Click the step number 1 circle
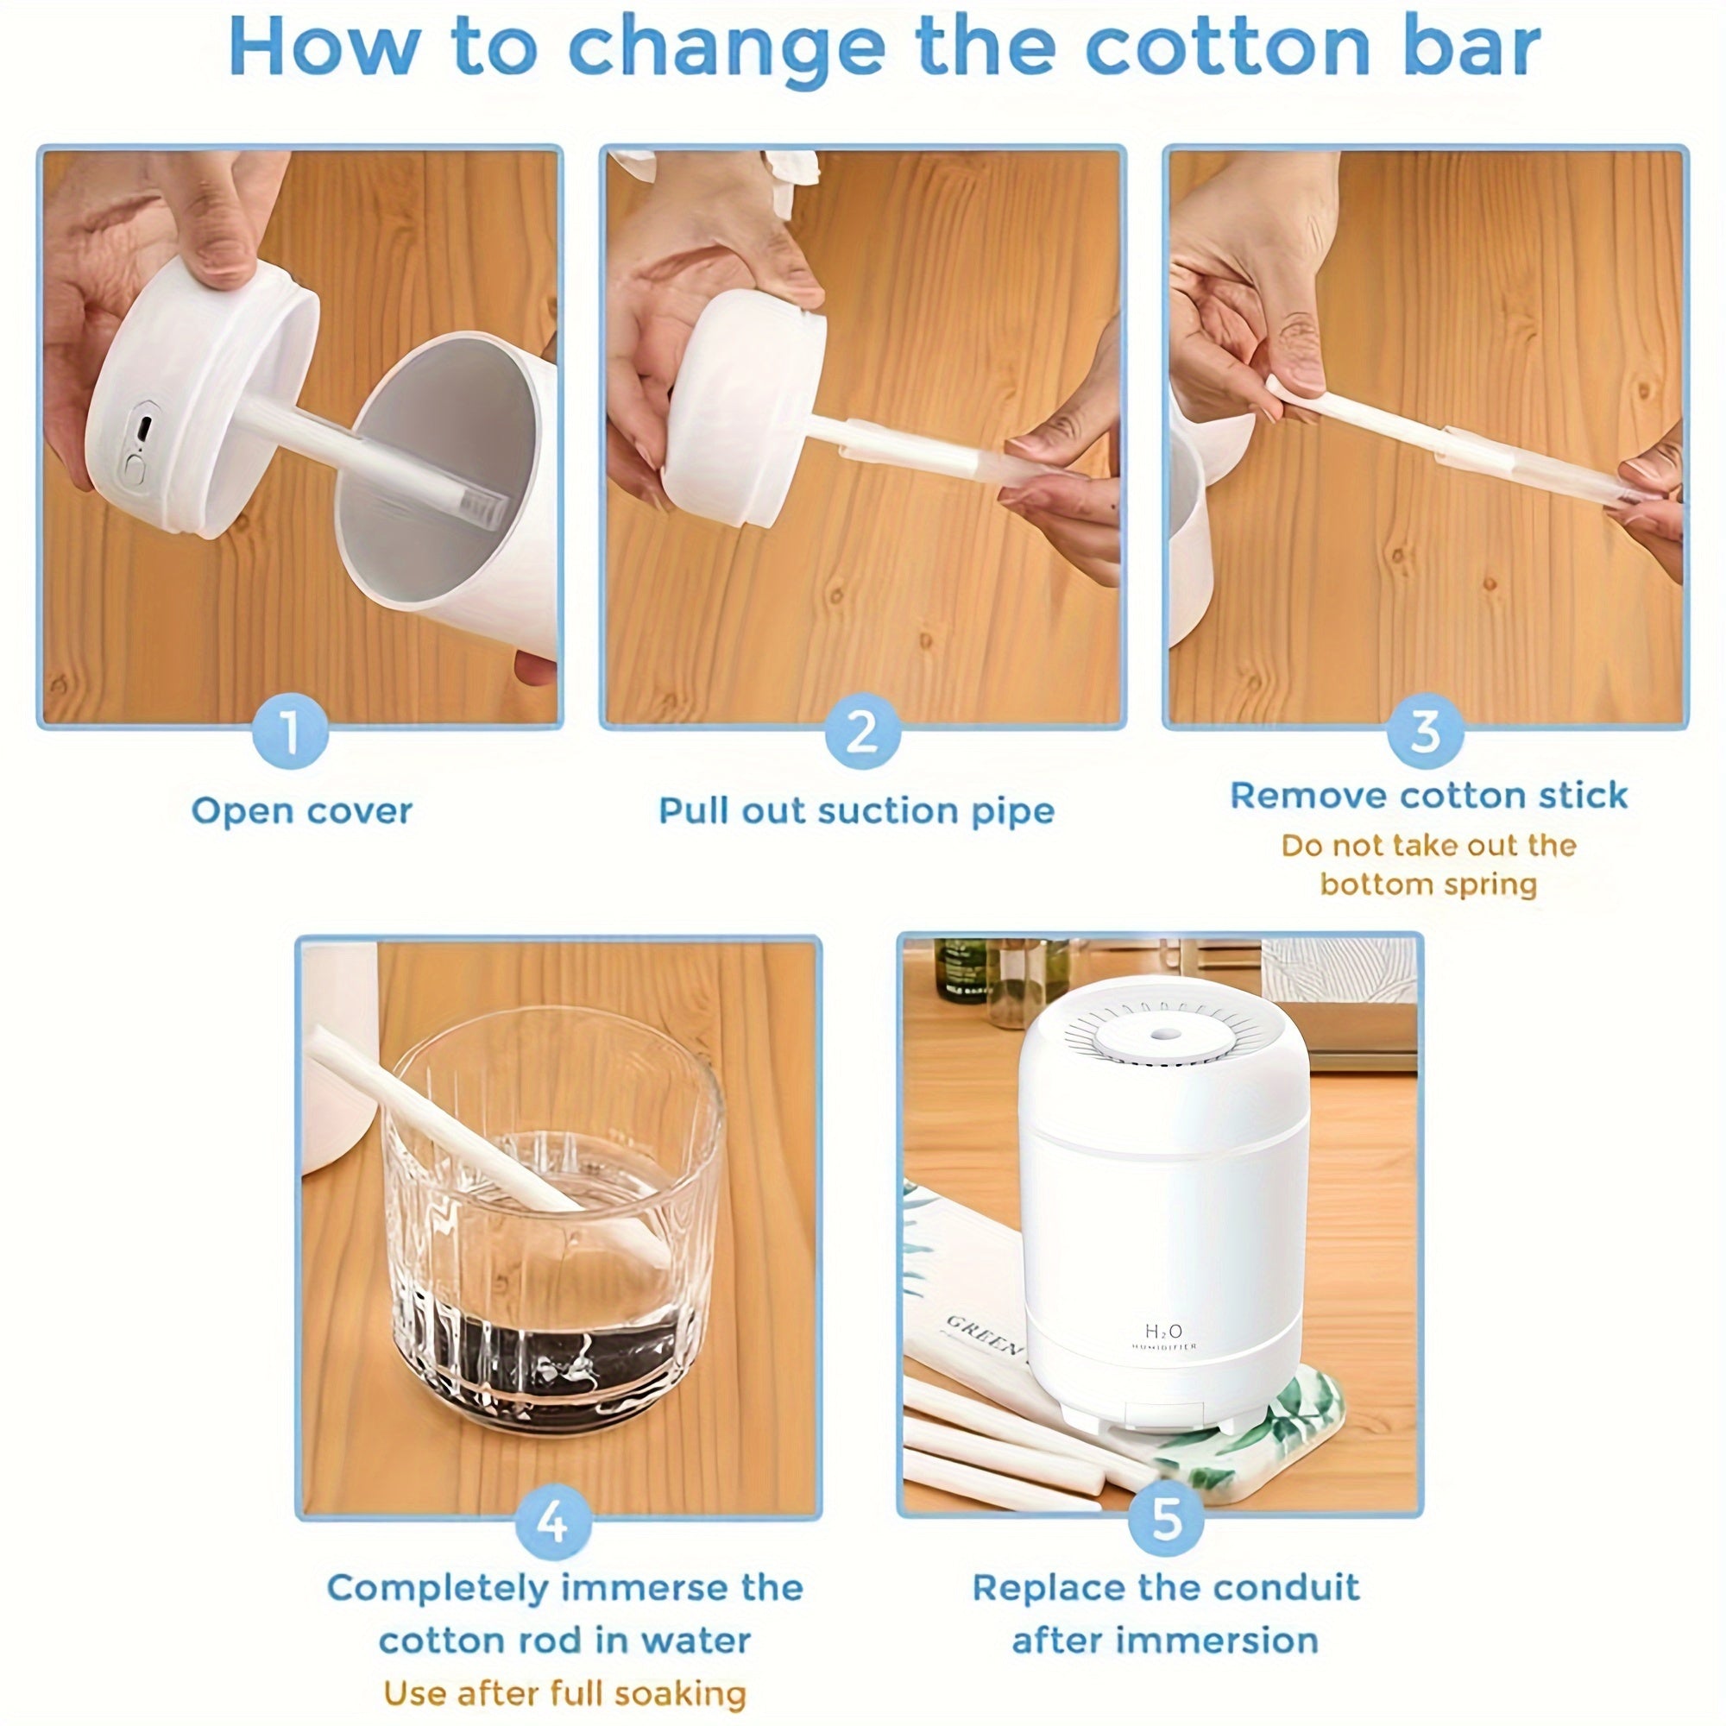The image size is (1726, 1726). pyautogui.click(x=290, y=733)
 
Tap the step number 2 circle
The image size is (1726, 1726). pyautogui.click(x=861, y=733)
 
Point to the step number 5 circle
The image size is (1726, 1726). pyautogui.click(x=1167, y=1519)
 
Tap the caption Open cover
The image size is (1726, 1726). pyautogui.click(x=302, y=811)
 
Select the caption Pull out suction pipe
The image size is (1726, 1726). pyautogui.click(x=857, y=811)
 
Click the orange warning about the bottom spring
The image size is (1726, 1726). pyautogui.click(x=1428, y=865)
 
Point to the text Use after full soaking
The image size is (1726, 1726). pyautogui.click(x=564, y=1693)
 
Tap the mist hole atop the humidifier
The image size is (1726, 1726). pyautogui.click(x=1163, y=1034)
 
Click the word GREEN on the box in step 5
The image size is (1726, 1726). pyautogui.click(x=983, y=1334)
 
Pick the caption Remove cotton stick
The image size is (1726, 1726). pyautogui.click(x=1428, y=795)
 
